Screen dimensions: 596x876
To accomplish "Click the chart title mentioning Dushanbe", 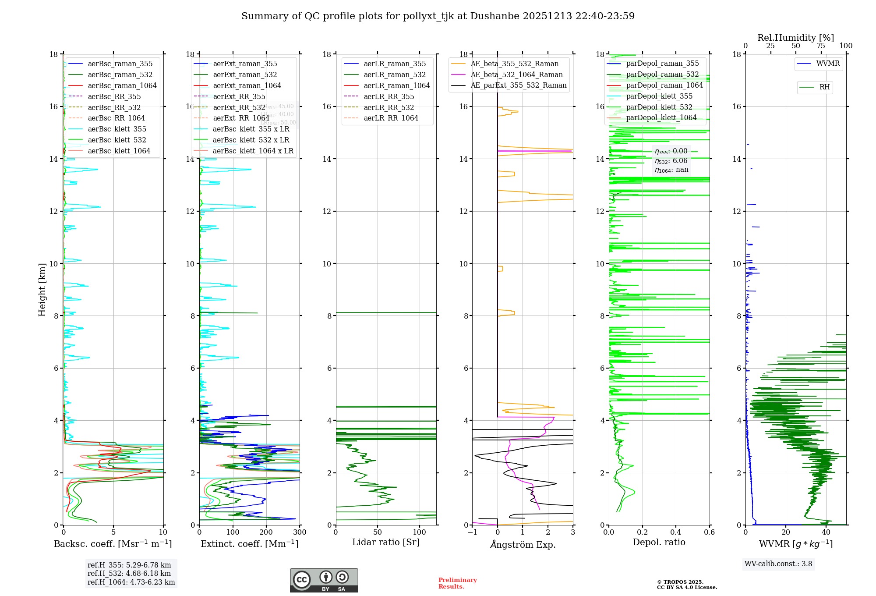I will point(438,16).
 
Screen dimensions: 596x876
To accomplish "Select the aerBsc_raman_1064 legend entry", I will point(122,85).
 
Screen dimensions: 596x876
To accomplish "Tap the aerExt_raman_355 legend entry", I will point(245,64).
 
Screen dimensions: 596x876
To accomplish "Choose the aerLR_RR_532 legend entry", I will point(389,107).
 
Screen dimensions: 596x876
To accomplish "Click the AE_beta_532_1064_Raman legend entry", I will point(516,74).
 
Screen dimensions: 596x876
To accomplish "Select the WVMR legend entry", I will point(827,64).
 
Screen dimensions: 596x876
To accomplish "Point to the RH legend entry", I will point(824,87).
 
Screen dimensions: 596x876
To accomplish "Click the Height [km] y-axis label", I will point(42,290).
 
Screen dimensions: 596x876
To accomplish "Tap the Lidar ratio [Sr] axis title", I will point(386,542).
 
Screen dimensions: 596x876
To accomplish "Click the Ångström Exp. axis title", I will point(523,545).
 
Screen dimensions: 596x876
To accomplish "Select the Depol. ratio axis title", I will point(659,542).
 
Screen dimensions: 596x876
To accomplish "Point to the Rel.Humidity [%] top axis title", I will point(795,38).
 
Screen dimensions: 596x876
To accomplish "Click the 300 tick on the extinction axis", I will point(300,532).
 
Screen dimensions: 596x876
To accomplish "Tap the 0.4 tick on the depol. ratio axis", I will point(676,532).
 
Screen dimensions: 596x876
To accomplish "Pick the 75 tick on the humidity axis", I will point(821,46).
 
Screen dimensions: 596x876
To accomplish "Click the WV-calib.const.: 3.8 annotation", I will point(778,564).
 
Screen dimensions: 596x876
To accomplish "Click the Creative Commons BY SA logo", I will point(324,580).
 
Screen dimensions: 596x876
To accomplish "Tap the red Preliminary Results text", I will point(457,583).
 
